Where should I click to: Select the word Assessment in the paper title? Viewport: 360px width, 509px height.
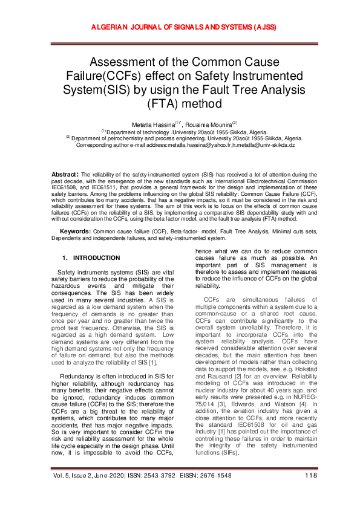click(x=126, y=62)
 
